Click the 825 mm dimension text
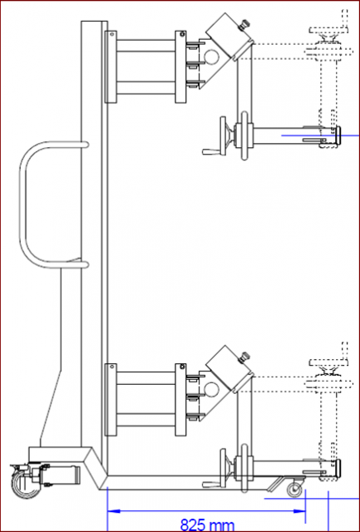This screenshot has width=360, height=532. point(207,525)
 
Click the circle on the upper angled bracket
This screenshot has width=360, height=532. point(212,57)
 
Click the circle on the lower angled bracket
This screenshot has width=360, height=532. point(212,389)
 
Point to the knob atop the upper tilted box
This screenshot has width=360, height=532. point(244,24)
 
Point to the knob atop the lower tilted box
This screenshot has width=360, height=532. point(244,357)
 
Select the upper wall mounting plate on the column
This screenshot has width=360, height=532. point(111,66)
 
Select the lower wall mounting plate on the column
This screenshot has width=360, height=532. point(111,400)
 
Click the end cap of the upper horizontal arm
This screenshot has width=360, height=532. point(338,135)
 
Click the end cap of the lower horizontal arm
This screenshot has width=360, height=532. point(338,467)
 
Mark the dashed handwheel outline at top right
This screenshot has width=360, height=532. point(328,30)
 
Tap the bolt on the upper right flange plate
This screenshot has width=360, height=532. point(182,34)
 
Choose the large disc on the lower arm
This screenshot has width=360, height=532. point(244,468)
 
